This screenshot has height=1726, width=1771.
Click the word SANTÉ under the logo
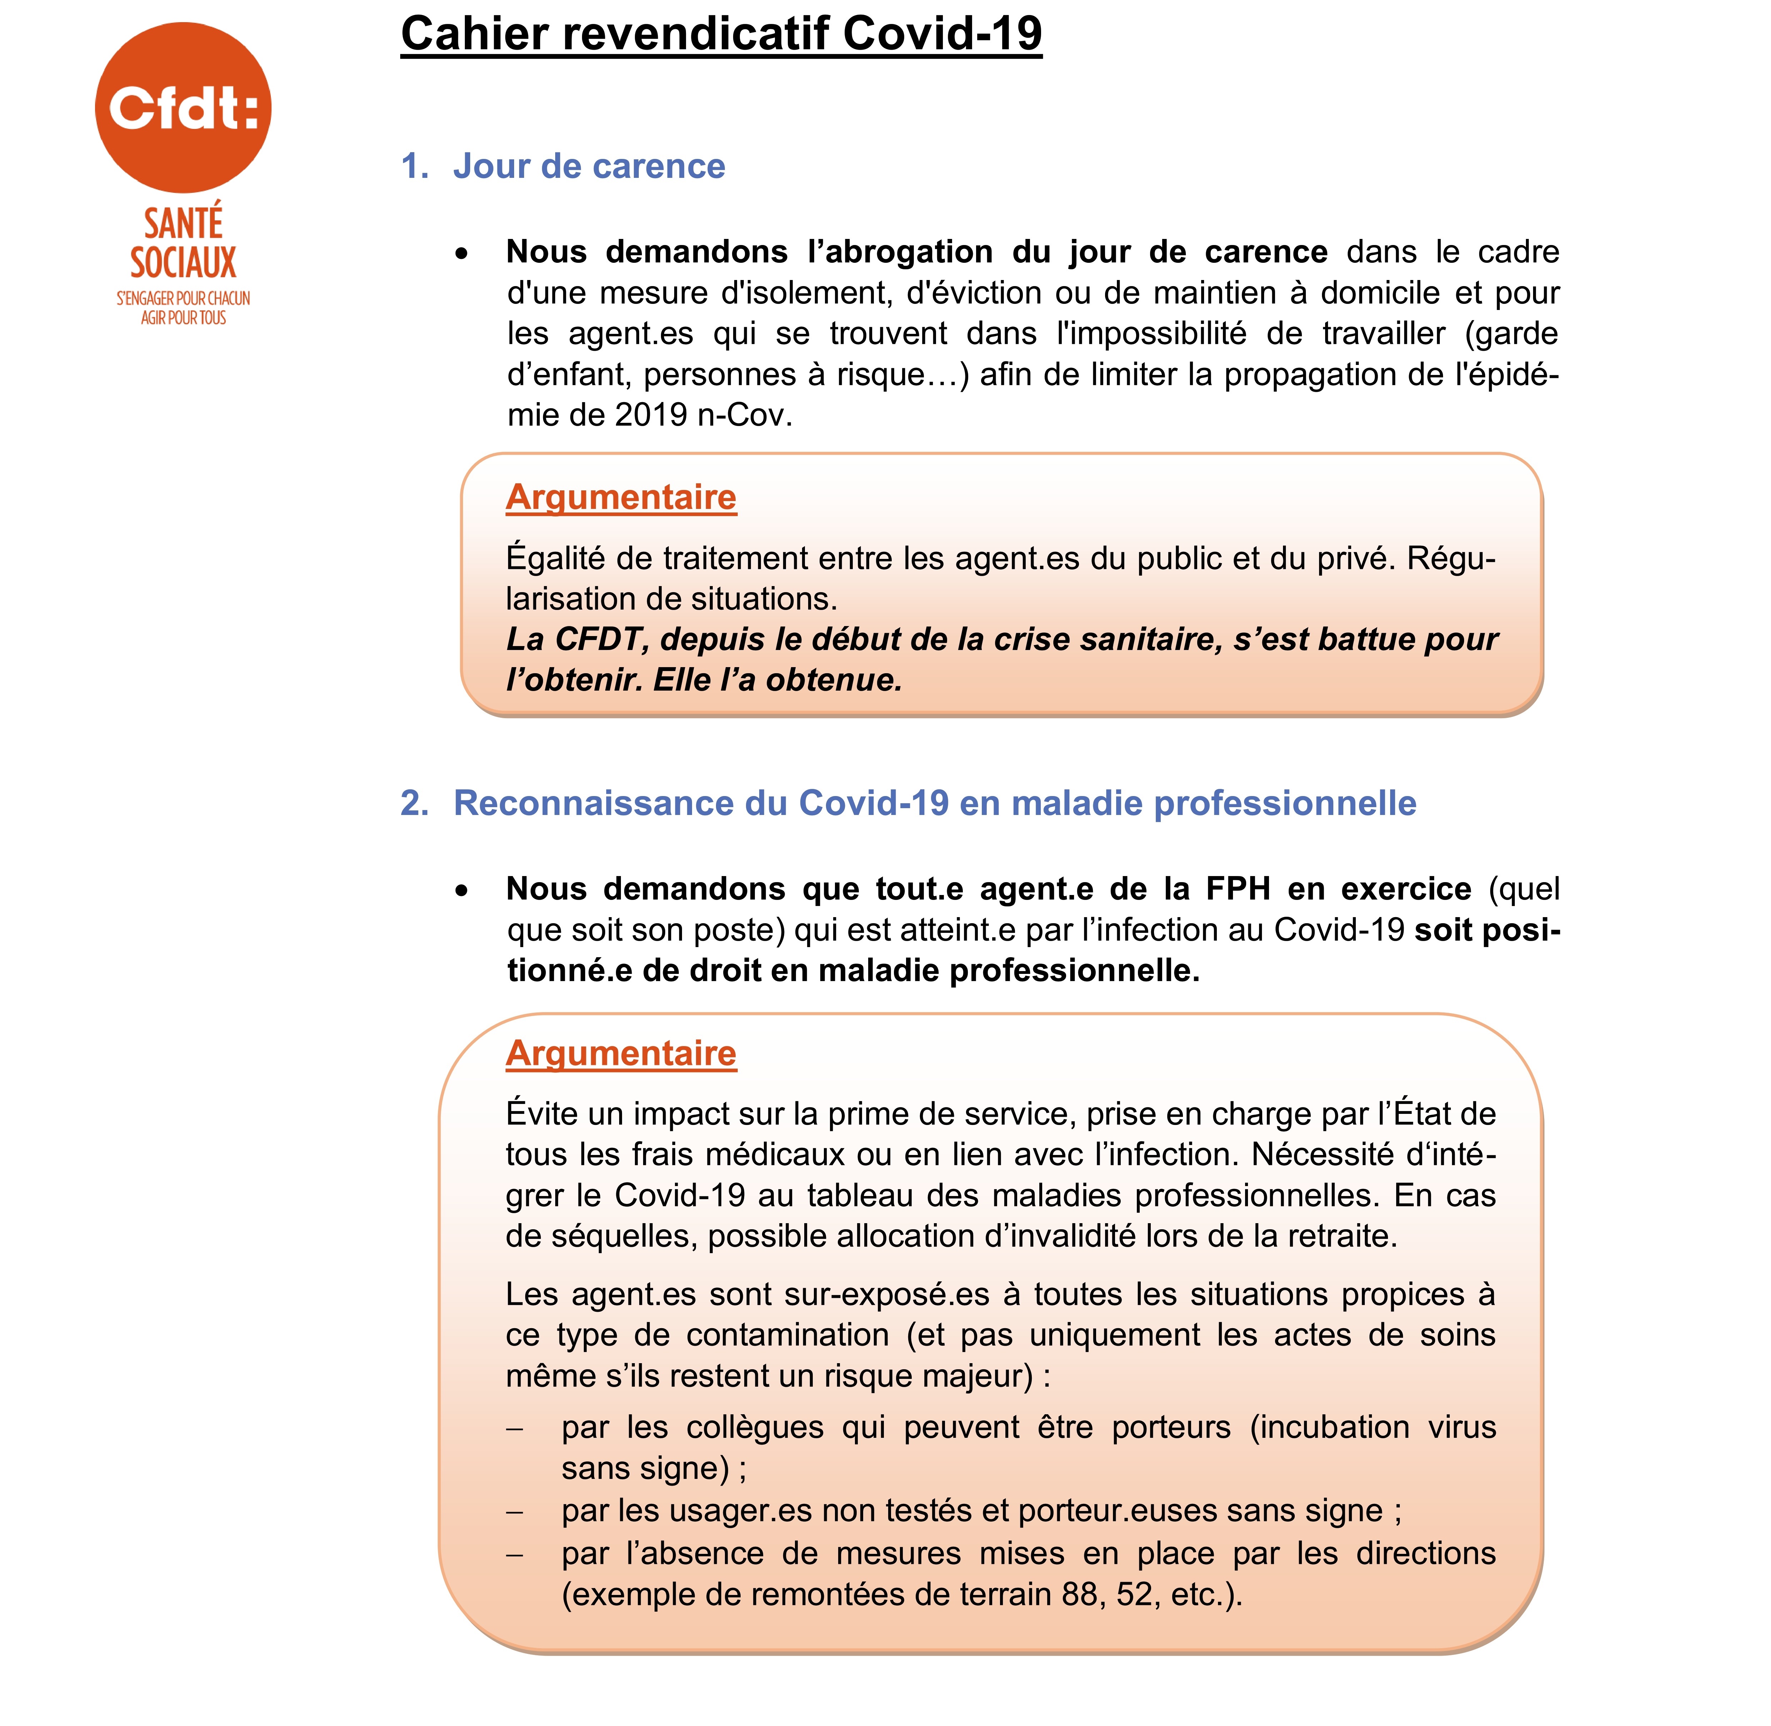point(183,223)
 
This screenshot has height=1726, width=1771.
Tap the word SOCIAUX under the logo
point(183,263)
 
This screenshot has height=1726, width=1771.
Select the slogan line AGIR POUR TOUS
point(183,318)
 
